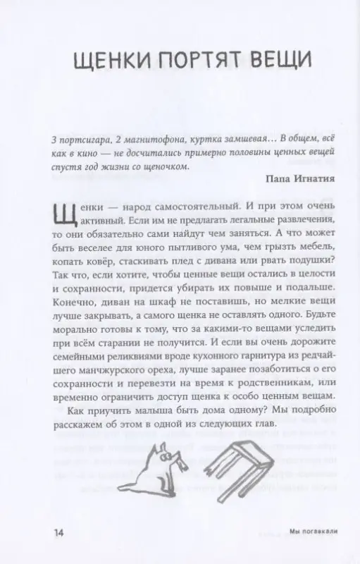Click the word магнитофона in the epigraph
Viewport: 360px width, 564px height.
click(149, 137)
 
